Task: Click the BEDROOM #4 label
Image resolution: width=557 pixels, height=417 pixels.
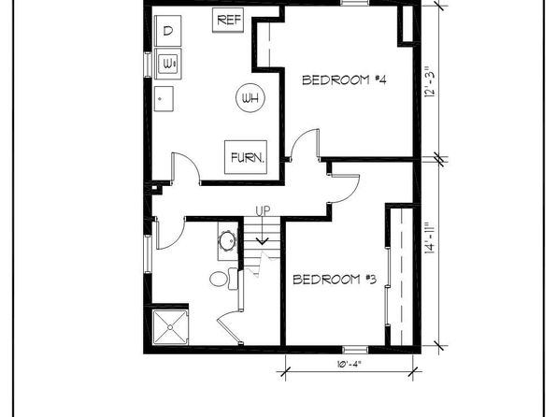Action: (x=344, y=79)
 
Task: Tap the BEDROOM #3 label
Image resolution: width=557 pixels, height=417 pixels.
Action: (x=335, y=280)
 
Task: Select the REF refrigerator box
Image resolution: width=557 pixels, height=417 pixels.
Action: (x=228, y=21)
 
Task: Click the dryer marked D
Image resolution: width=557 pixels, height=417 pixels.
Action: (x=168, y=31)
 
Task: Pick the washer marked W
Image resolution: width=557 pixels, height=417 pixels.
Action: (x=168, y=64)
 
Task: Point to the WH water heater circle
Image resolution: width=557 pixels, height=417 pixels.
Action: (x=250, y=98)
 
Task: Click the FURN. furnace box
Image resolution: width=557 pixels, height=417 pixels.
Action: (x=246, y=157)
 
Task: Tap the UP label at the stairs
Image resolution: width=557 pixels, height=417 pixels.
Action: (x=263, y=211)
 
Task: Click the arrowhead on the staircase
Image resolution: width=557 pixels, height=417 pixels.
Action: (x=263, y=242)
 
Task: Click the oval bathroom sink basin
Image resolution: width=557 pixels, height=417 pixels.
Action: (x=227, y=242)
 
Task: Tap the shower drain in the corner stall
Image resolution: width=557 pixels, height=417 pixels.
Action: (x=170, y=327)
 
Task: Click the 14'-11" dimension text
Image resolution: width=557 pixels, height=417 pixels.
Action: (x=429, y=238)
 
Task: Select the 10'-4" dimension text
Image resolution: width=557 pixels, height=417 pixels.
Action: (x=349, y=364)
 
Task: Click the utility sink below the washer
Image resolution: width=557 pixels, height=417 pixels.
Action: (x=164, y=98)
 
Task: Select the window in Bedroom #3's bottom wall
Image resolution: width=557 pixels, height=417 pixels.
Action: (x=355, y=349)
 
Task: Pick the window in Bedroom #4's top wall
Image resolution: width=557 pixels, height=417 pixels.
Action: (x=355, y=3)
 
